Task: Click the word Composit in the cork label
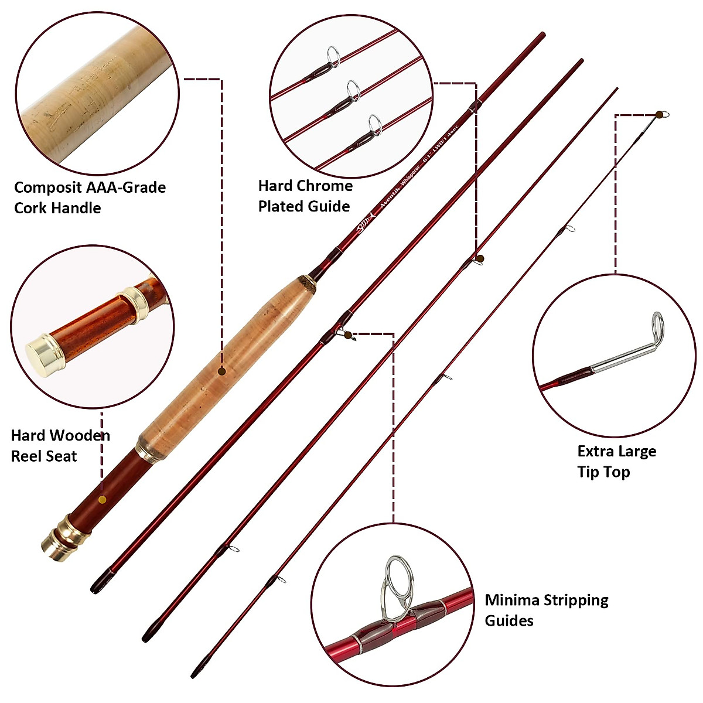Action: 48,188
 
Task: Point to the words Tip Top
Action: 603,472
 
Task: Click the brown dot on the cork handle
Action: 222,371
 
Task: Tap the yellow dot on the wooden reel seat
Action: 102,500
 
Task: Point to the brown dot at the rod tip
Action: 660,114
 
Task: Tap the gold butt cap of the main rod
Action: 57,542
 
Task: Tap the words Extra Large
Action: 616,452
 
